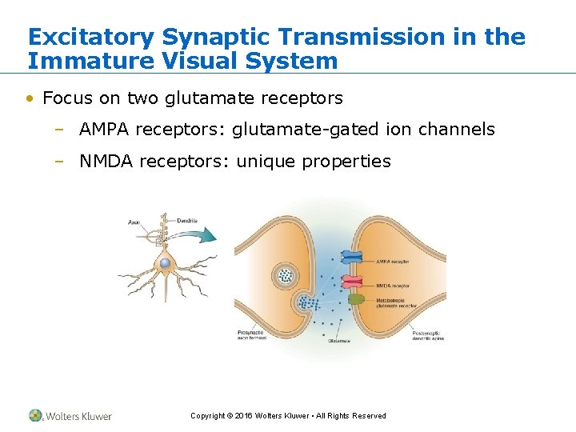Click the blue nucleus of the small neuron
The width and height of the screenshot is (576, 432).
pyautogui.click(x=165, y=263)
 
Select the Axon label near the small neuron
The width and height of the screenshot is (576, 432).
pyautogui.click(x=134, y=222)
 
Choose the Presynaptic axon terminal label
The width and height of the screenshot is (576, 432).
pyautogui.click(x=251, y=335)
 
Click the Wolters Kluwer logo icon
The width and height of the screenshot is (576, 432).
pyautogui.click(x=35, y=415)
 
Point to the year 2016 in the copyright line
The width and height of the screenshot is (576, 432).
pyautogui.click(x=243, y=416)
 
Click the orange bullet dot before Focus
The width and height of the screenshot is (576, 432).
pyautogui.click(x=30, y=99)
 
